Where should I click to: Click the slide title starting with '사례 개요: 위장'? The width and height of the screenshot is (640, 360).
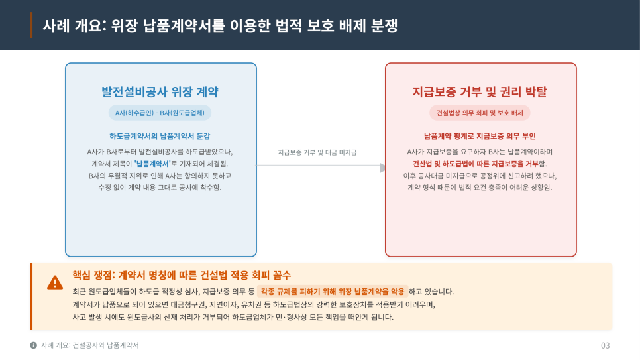220,26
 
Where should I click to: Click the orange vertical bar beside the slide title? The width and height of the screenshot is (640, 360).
31,25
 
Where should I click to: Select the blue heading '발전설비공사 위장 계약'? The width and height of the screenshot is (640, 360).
160,91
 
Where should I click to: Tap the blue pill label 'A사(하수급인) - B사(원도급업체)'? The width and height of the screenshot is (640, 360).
160,113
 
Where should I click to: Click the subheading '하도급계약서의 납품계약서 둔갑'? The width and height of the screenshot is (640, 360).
160,136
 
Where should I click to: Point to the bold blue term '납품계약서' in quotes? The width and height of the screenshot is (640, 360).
152,164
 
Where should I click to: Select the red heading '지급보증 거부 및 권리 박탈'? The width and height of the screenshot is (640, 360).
480,91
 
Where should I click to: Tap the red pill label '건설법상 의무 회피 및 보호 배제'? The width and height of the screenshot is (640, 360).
480,113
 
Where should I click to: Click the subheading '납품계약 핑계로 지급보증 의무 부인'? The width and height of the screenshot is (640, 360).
480,136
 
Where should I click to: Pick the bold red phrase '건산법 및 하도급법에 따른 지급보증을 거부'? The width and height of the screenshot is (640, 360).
476,164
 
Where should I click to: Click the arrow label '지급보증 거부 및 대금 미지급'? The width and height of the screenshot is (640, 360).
317,152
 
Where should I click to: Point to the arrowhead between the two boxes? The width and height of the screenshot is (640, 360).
382,168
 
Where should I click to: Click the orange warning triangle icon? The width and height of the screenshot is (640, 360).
55,283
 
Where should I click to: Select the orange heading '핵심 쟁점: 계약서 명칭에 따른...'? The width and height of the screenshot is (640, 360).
182,275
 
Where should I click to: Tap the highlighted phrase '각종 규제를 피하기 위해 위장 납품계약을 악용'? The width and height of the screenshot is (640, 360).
333,291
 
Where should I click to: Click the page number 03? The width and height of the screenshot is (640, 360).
606,345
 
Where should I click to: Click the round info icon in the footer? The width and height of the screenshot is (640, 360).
34,345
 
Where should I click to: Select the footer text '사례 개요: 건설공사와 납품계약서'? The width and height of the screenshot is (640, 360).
90,345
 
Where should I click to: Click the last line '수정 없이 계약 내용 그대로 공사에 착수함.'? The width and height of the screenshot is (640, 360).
160,188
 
